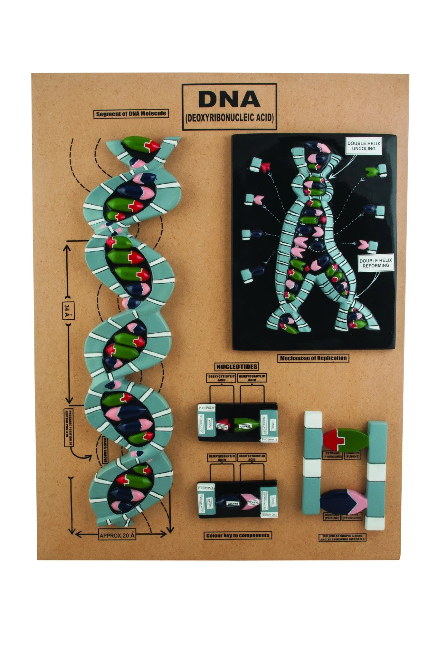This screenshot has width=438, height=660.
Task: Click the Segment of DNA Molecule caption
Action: [131, 113]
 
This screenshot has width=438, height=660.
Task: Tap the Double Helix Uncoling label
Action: [363, 146]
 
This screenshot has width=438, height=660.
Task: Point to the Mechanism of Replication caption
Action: [313, 358]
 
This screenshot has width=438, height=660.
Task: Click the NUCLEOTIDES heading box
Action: [237, 366]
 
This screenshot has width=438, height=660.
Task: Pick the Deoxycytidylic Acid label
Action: [222, 378]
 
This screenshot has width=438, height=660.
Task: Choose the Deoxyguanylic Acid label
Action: [252, 378]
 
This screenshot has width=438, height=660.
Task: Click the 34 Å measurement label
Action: [68, 311]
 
